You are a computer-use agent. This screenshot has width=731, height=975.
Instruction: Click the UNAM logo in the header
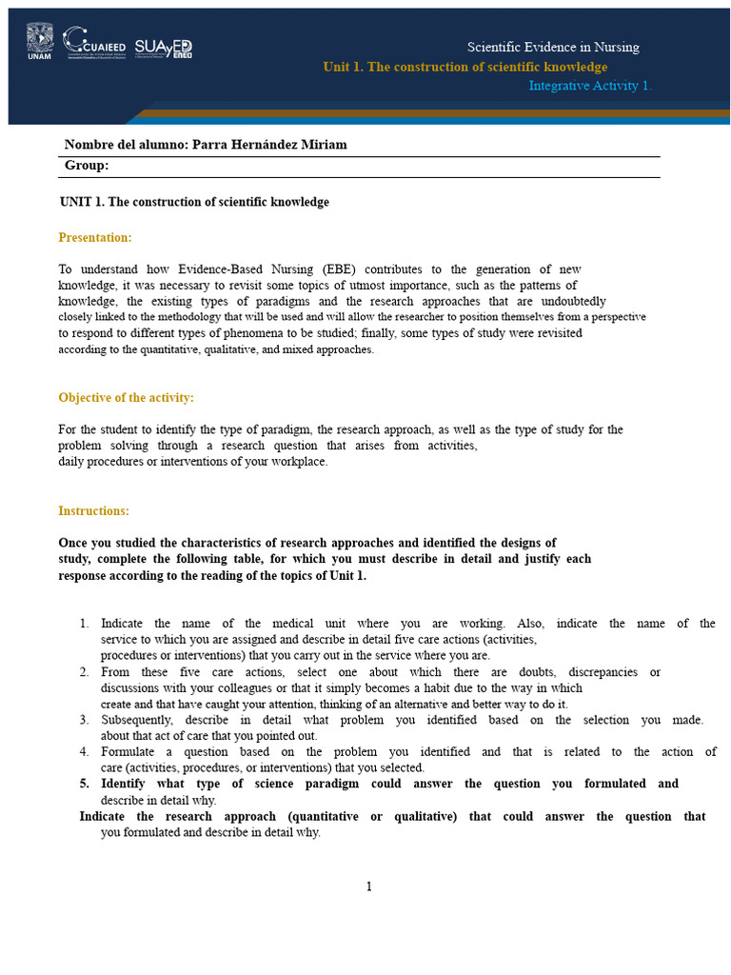[x=39, y=43]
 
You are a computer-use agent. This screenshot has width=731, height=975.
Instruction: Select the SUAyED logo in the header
[x=163, y=49]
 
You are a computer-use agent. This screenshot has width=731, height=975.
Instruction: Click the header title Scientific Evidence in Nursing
[x=553, y=48]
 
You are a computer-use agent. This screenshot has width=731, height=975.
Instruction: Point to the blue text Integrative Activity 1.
[x=590, y=86]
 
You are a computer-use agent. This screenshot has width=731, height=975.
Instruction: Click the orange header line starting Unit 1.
[x=464, y=67]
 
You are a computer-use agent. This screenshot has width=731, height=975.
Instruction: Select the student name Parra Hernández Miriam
[x=269, y=145]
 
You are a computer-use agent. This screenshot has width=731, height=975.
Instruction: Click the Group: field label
[x=87, y=166]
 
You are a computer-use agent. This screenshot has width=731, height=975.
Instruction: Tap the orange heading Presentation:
[x=95, y=237]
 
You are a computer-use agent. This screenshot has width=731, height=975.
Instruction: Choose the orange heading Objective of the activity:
[x=126, y=397]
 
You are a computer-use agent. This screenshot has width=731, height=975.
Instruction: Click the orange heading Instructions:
[x=93, y=511]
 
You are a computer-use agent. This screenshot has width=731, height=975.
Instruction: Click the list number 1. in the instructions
[x=84, y=624]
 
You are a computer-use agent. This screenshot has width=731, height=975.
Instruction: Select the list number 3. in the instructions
[x=84, y=720]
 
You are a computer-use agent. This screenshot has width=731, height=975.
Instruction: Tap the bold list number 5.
[x=84, y=784]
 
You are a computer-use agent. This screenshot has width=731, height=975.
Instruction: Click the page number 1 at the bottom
[x=368, y=887]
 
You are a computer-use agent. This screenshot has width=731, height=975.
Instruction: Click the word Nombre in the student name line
[x=88, y=145]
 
